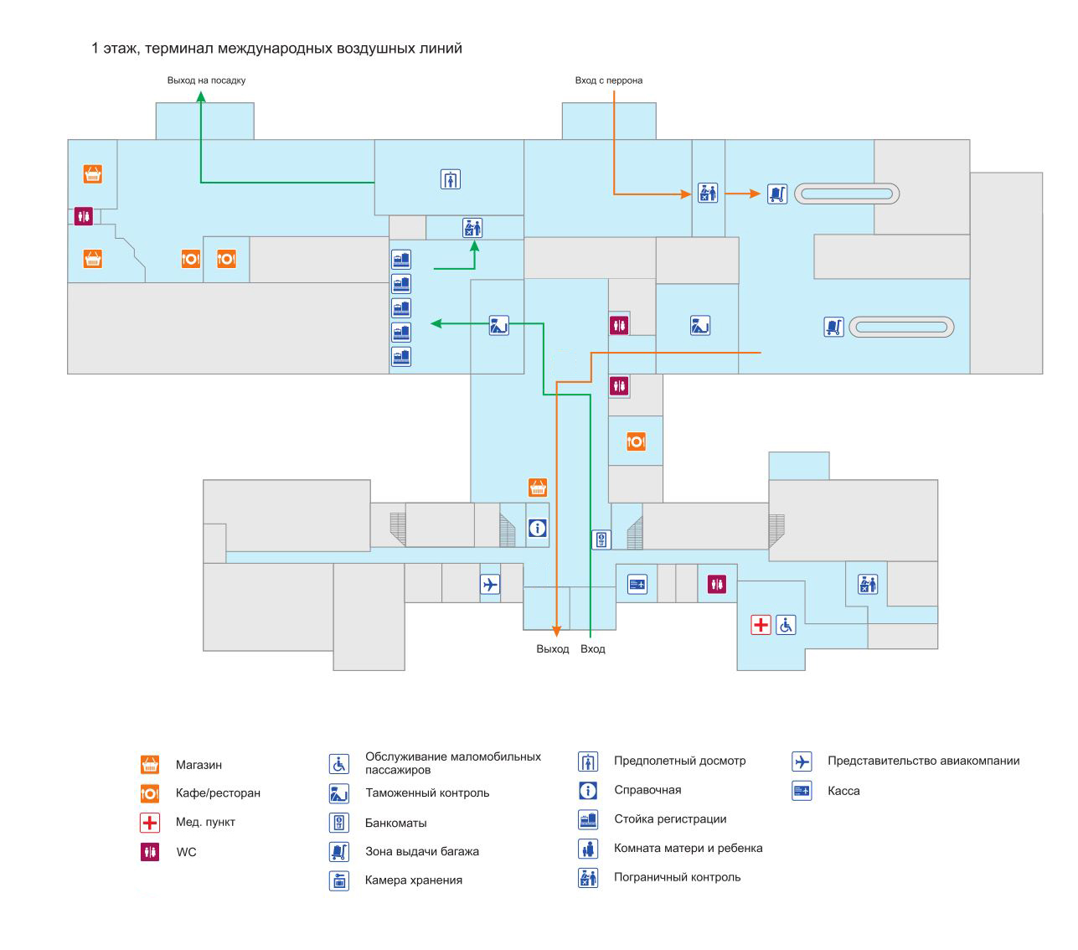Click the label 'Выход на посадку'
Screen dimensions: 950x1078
coord(206,80)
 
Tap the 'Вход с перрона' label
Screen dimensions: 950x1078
coord(609,80)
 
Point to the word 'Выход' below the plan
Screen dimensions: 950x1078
coord(553,649)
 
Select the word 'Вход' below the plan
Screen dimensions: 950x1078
coord(593,649)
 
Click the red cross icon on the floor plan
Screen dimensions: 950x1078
coord(761,625)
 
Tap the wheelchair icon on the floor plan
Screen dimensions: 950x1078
coord(786,625)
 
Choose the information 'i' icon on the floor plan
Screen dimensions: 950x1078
coord(538,529)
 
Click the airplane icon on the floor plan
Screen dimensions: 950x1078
coord(490,584)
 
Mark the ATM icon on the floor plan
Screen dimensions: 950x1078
coord(601,540)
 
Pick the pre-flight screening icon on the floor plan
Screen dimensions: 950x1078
coord(451,179)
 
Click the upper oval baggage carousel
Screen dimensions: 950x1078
coord(847,194)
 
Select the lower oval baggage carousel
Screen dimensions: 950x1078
coord(901,328)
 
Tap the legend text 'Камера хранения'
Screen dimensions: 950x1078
coord(414,880)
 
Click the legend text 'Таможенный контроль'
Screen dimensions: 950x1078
coord(427,793)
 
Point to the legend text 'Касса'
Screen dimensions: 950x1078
coord(843,791)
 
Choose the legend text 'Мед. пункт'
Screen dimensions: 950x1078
coord(205,822)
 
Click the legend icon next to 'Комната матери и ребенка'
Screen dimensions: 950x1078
coord(588,849)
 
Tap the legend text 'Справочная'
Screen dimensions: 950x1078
coord(647,790)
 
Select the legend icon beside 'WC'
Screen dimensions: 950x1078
coord(150,852)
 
